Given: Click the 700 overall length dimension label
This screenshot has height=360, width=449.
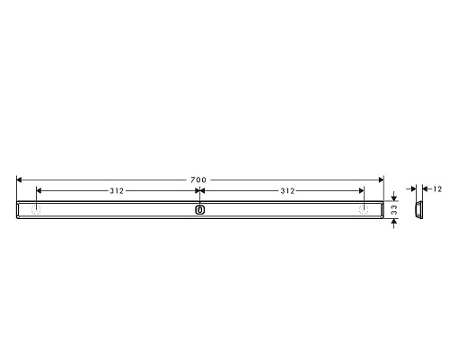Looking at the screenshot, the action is coord(198,180).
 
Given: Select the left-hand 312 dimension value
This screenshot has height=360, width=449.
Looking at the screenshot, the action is coord(117,191).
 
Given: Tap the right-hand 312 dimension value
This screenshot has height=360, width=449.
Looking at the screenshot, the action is coord(287,191).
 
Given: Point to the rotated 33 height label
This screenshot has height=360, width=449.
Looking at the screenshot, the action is coord(394,210).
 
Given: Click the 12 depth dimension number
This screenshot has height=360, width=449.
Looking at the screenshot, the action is coord(437,189).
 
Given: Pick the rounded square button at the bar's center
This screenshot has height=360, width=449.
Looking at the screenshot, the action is coord(200,210).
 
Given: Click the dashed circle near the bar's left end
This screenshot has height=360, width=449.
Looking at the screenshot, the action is coord(36,210).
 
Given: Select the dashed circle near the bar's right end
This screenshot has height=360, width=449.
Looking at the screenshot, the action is coord(364,210).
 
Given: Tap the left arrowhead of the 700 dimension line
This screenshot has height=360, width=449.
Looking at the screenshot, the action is coord(19,180).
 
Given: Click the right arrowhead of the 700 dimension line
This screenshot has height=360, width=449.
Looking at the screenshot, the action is coord(381,180).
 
